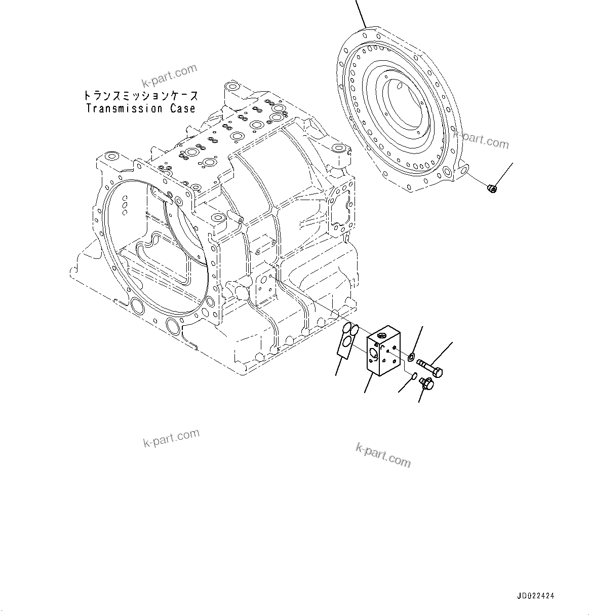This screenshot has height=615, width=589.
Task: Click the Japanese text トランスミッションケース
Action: tap(140, 96)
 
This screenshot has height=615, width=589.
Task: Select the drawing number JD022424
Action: tap(539, 596)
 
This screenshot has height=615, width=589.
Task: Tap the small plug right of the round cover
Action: tap(491, 189)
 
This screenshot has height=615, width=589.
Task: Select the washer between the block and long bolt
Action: tap(411, 358)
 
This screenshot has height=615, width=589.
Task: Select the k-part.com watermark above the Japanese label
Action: tap(169, 75)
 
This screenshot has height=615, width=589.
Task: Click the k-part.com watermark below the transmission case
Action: tap(171, 438)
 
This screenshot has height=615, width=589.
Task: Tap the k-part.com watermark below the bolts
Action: tap(383, 454)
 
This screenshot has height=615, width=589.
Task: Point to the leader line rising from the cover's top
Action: tap(361, 13)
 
